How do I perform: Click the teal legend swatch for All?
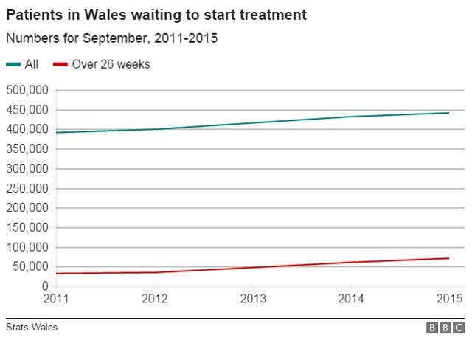point(13,65)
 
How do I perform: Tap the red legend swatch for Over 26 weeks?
point(60,65)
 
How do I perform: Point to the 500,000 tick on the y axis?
point(27,90)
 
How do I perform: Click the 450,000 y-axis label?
point(27,110)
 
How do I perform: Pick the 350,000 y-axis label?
point(27,149)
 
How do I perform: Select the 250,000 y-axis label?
point(27,188)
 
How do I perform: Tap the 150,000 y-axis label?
point(27,227)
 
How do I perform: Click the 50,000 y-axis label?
point(30,267)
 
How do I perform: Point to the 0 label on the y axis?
point(45,286)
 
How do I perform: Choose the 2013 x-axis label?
point(253,299)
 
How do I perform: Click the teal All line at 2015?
point(448,113)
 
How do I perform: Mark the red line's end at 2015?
point(448,258)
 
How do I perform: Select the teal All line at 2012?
point(154,129)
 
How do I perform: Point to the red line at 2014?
point(350,263)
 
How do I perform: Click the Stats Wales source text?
point(31,328)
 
